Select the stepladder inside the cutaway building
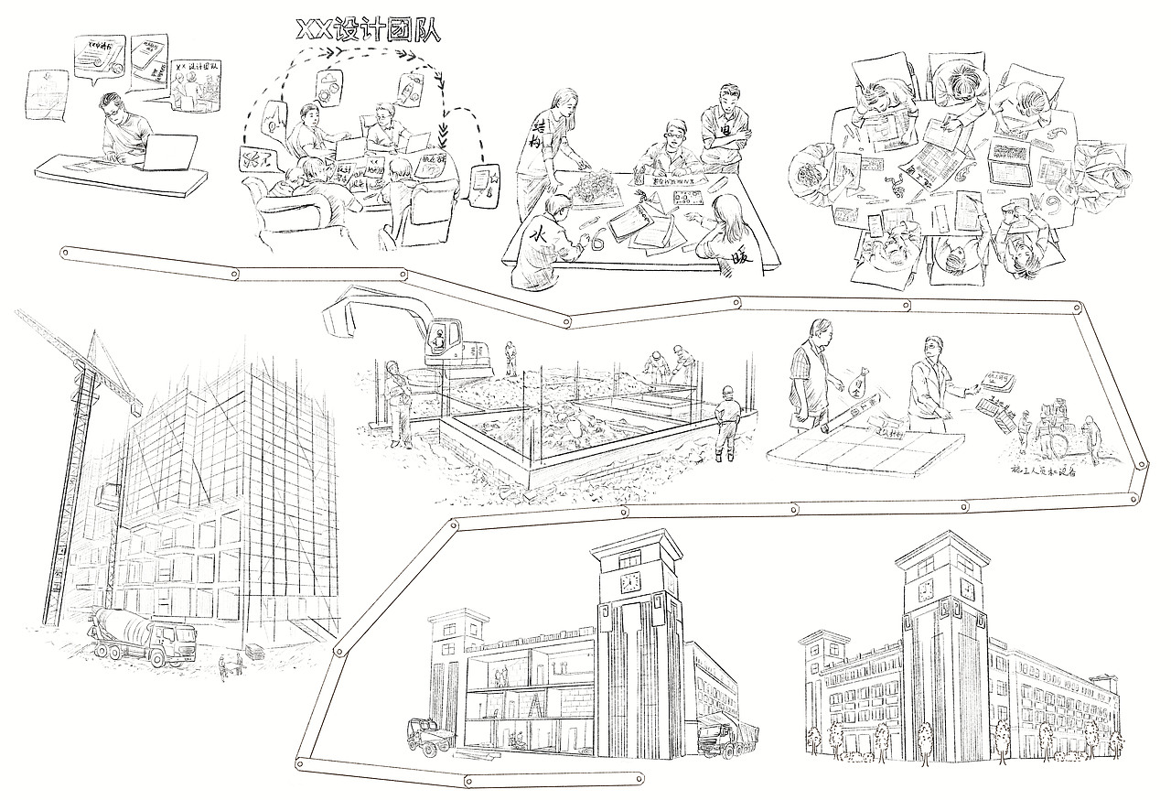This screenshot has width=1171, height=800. (536, 706)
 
